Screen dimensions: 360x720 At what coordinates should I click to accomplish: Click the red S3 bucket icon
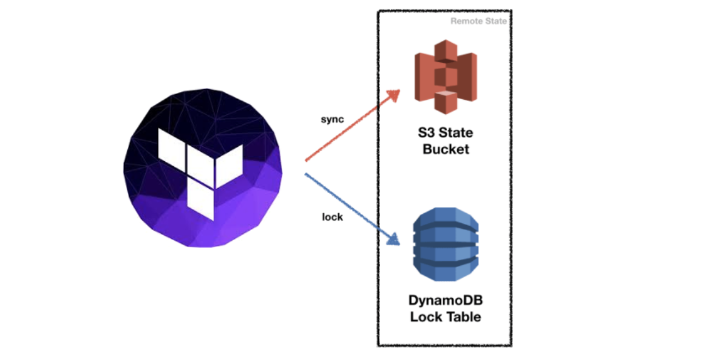(445, 77)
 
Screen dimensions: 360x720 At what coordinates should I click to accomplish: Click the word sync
(332, 119)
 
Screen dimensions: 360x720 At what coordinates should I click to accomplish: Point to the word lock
(332, 218)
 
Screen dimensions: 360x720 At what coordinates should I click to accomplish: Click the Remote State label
(479, 21)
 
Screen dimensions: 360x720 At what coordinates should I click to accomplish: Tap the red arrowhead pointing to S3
(393, 95)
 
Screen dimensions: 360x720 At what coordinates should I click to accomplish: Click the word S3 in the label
(428, 134)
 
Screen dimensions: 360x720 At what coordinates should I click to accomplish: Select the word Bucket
(445, 150)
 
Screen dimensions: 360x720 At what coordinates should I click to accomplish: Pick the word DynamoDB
(445, 300)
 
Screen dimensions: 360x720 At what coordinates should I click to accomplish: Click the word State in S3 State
(457, 134)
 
